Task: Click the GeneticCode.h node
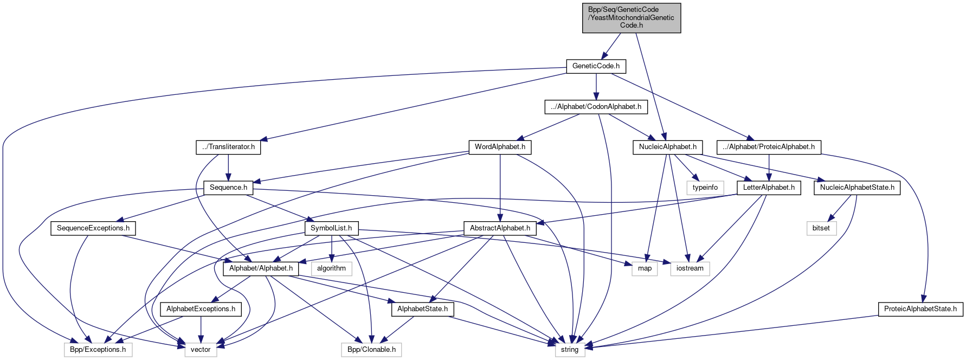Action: tap(596, 66)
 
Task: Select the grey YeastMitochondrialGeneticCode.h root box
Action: tap(631, 18)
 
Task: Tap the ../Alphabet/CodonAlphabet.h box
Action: tap(596, 107)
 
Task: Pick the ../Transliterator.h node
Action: tap(228, 147)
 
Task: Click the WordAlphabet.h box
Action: tap(500, 147)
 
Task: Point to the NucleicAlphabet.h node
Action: tap(667, 147)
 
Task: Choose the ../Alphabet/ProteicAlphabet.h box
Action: tap(769, 147)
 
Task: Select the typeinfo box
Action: tap(705, 188)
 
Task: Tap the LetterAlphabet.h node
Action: tap(768, 188)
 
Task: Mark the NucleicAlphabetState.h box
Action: tap(857, 188)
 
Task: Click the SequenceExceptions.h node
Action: tap(93, 228)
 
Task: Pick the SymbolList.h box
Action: tap(331, 228)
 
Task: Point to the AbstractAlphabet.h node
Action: tap(500, 228)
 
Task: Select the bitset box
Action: tap(821, 228)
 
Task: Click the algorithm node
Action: tap(331, 268)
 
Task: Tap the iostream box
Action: tap(690, 268)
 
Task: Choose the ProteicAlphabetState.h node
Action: tap(920, 309)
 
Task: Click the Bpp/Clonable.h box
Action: tap(371, 350)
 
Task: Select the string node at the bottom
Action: tap(570, 350)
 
